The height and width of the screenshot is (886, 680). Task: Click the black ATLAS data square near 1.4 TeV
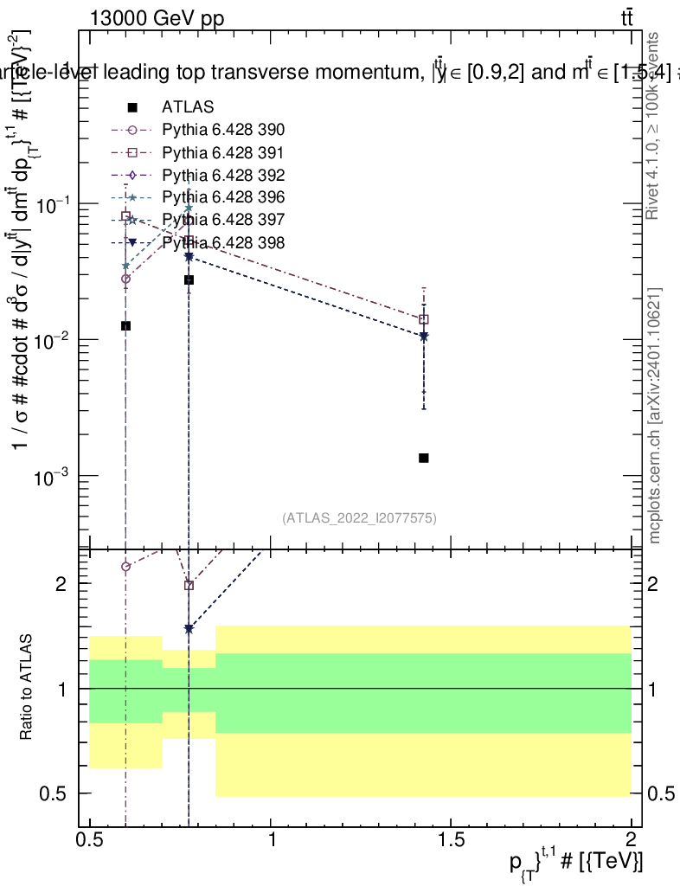tap(424, 458)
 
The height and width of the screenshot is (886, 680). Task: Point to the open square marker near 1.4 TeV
tap(424, 319)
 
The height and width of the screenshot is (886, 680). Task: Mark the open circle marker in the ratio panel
tap(126, 567)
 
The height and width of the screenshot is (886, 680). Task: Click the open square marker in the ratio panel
tap(189, 585)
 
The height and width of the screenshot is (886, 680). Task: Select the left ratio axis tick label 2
tap(61, 584)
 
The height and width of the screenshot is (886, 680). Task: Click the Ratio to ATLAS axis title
tap(27, 688)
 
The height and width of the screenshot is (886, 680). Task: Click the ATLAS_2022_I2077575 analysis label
tap(359, 518)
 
